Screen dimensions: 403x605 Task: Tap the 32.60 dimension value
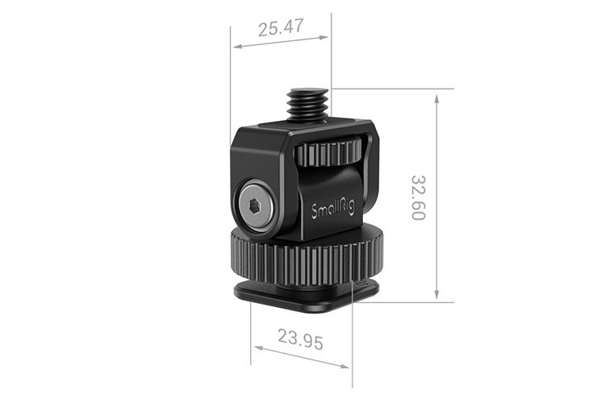point(418,197)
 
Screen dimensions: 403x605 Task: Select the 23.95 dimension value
point(300,339)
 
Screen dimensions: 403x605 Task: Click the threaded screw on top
point(309,104)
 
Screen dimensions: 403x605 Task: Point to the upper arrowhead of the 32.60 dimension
point(436,98)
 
